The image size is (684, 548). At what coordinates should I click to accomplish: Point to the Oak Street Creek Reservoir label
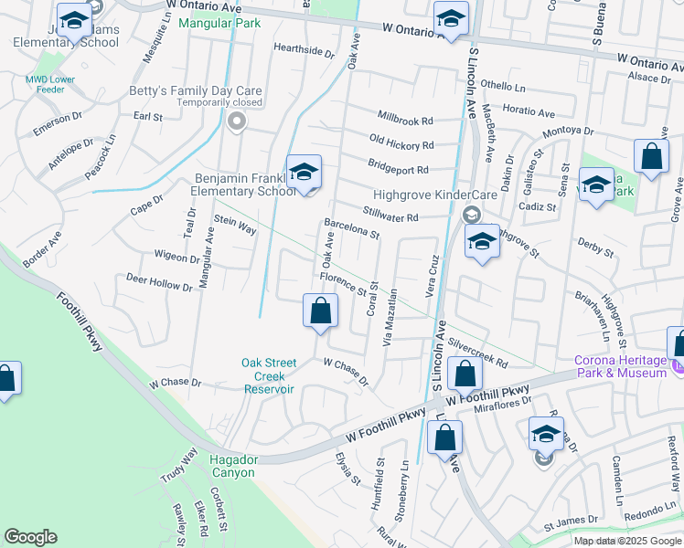click(x=270, y=375)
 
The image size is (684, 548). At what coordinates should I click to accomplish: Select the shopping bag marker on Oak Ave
click(x=320, y=311)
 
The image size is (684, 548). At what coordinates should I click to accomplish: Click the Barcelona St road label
click(x=352, y=228)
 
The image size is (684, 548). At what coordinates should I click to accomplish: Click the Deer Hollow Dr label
click(x=159, y=281)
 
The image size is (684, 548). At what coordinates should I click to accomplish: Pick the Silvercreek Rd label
click(x=477, y=354)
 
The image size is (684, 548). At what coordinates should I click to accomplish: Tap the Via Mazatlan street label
click(x=390, y=319)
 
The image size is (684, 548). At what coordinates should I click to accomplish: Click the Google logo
click(x=30, y=537)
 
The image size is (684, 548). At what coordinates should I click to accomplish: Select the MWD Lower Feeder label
click(x=50, y=85)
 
